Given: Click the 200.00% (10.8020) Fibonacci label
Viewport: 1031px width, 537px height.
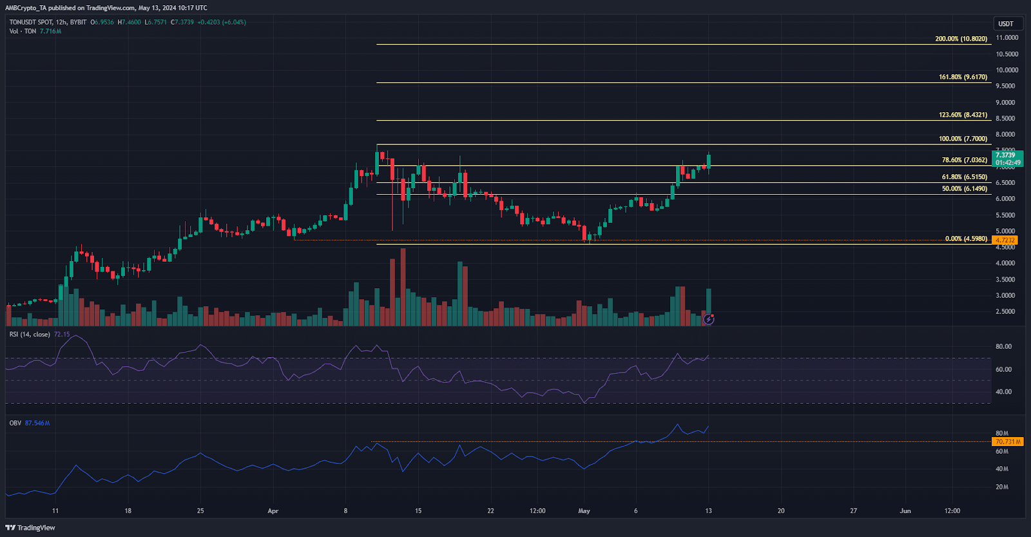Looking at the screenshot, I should pos(961,39).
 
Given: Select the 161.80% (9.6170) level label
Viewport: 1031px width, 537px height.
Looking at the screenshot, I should pos(963,77).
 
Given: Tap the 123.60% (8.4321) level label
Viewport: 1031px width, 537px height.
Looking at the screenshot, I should pos(963,115).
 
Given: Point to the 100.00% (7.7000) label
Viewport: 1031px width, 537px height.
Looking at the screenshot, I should pos(963,139).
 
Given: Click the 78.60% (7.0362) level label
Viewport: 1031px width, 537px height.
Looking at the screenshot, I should pos(964,160).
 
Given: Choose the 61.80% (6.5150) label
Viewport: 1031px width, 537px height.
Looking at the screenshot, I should pos(964,177).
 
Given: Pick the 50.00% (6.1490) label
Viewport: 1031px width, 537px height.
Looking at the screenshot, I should pos(964,189).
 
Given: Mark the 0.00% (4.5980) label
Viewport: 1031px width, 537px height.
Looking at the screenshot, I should pos(966,239).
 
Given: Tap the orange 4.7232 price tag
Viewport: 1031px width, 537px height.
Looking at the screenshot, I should pos(1005,240).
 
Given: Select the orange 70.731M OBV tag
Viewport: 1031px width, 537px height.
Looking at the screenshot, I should pos(1007,442).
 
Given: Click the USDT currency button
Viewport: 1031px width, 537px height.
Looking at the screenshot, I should pos(1006,24).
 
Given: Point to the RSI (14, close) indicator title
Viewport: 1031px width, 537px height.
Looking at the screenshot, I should pos(30,335).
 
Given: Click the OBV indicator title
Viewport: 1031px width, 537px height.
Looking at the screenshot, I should pos(15,423).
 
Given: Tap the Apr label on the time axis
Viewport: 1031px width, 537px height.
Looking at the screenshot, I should pos(273,511).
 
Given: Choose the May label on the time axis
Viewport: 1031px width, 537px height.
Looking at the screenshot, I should pos(584,511).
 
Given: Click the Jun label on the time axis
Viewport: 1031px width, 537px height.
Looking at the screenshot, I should pos(905,511).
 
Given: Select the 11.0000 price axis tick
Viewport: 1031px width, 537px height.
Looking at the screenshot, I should pos(1007,38).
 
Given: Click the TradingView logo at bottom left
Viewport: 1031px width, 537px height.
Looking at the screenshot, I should pos(30,527).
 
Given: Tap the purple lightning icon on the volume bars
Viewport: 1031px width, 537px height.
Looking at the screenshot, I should pos(708,319).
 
